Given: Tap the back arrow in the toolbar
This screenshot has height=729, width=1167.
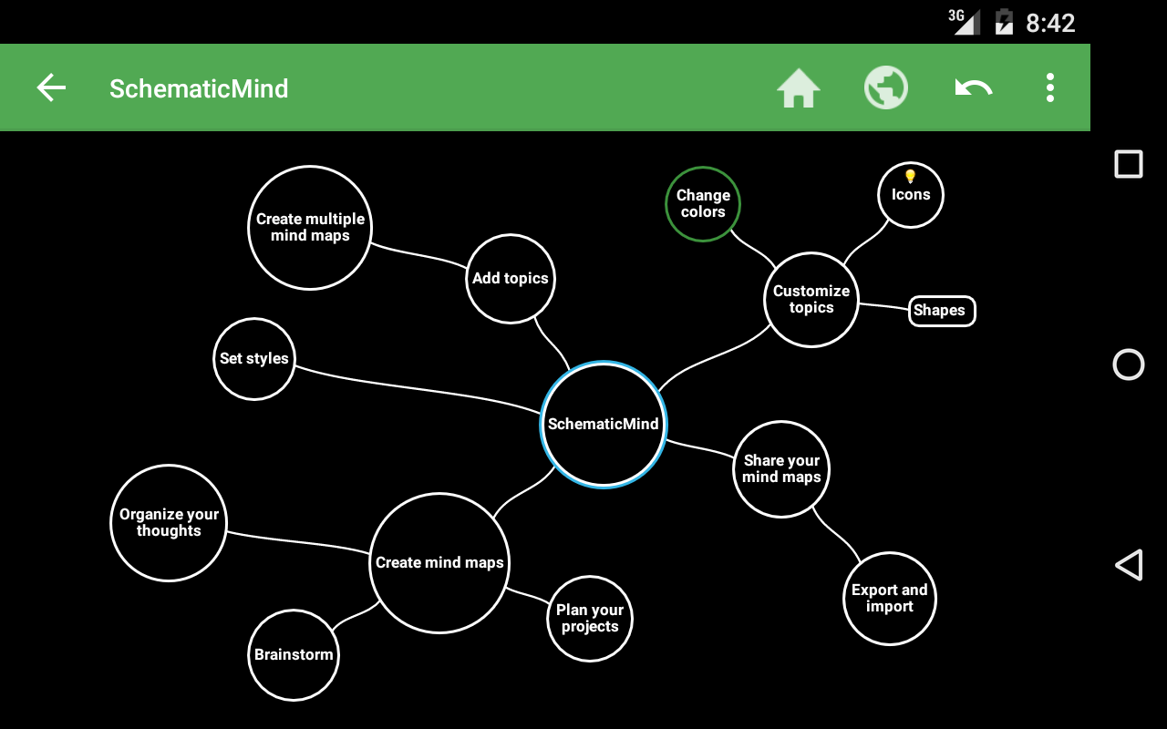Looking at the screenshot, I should click(x=51, y=88).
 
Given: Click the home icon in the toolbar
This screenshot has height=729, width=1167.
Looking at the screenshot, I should click(x=799, y=88).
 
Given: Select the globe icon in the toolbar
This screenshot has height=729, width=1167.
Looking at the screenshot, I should click(x=886, y=88).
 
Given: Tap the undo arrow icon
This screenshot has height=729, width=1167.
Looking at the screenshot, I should click(x=973, y=88).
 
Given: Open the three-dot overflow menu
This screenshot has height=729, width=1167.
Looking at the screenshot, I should click(x=1050, y=88).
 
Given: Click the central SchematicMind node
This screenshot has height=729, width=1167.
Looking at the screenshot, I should click(x=604, y=424).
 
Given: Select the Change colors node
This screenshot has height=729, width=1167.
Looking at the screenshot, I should click(x=703, y=204).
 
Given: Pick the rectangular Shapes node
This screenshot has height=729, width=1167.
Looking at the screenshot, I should click(x=942, y=311).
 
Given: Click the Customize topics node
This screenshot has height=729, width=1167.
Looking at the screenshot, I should click(x=811, y=300).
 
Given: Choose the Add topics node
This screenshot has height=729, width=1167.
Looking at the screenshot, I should click(x=511, y=279).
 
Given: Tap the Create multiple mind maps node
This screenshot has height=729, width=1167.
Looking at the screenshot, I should click(x=310, y=228).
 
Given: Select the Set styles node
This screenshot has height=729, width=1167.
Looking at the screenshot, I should click(x=254, y=359).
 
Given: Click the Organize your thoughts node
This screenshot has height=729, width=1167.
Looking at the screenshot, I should click(x=169, y=523).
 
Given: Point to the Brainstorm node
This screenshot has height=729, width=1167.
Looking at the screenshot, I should click(x=294, y=654).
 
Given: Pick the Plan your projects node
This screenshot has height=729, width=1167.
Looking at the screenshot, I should click(x=590, y=618).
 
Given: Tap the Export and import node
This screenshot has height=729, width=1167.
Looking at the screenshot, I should click(x=890, y=598).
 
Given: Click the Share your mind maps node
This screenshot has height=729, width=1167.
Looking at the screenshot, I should click(x=781, y=469).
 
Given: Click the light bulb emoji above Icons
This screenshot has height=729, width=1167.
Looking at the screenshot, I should click(x=910, y=176).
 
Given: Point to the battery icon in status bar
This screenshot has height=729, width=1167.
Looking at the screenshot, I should click(x=1004, y=22).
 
